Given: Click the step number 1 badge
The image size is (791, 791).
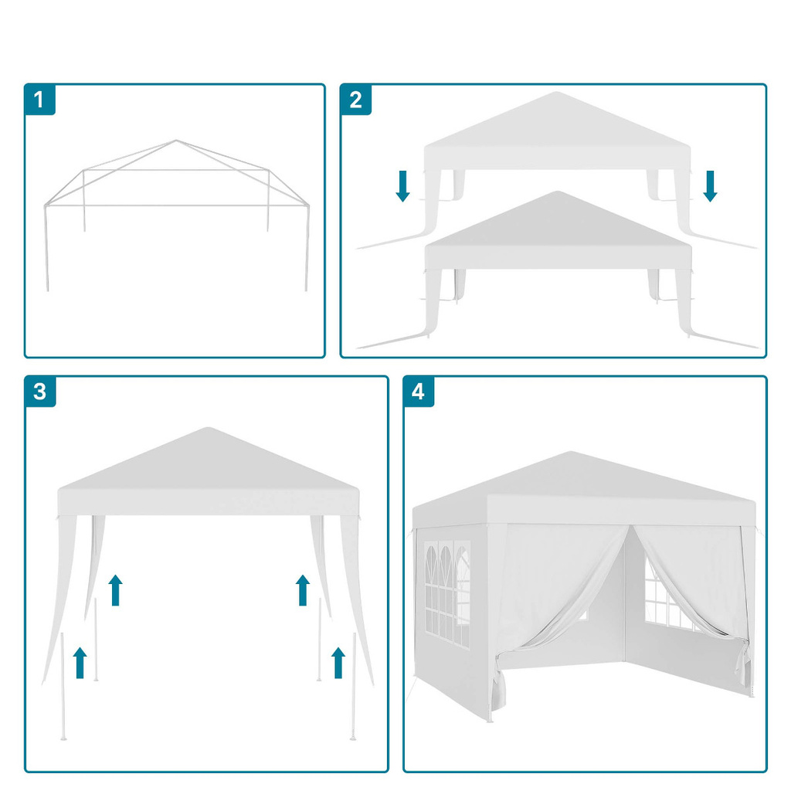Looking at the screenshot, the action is [40, 100].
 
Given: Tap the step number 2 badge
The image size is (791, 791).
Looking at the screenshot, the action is [356, 100].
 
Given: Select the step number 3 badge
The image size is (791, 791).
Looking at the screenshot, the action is [40, 392].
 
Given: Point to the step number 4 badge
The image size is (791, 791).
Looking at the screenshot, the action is [419, 392].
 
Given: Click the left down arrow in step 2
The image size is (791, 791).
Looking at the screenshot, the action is [402, 186].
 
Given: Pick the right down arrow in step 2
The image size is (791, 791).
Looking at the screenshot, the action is [711, 186].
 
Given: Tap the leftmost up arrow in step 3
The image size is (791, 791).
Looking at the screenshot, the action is [80, 663].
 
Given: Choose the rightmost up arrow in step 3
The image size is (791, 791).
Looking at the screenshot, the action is [338, 663].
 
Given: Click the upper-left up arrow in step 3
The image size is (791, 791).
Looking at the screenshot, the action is [116, 589].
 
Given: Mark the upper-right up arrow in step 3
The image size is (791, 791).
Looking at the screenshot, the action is [303, 589].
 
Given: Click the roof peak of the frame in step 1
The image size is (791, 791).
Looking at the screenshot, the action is [176, 141].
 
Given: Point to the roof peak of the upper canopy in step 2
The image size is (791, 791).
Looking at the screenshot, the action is [556, 93].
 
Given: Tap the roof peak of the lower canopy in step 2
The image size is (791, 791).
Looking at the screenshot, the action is [557, 192].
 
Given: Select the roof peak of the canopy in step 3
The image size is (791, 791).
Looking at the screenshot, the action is [208, 428].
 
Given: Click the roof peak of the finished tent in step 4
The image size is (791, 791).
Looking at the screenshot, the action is [571, 452].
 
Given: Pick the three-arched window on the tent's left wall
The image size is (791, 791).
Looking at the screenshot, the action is [447, 594].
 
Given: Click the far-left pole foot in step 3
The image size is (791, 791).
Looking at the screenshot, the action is [63, 738].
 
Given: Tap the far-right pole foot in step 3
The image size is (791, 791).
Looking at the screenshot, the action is [353, 738].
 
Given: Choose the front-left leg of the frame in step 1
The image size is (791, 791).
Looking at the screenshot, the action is [46, 248].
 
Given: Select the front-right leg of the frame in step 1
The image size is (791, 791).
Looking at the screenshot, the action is [307, 248].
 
